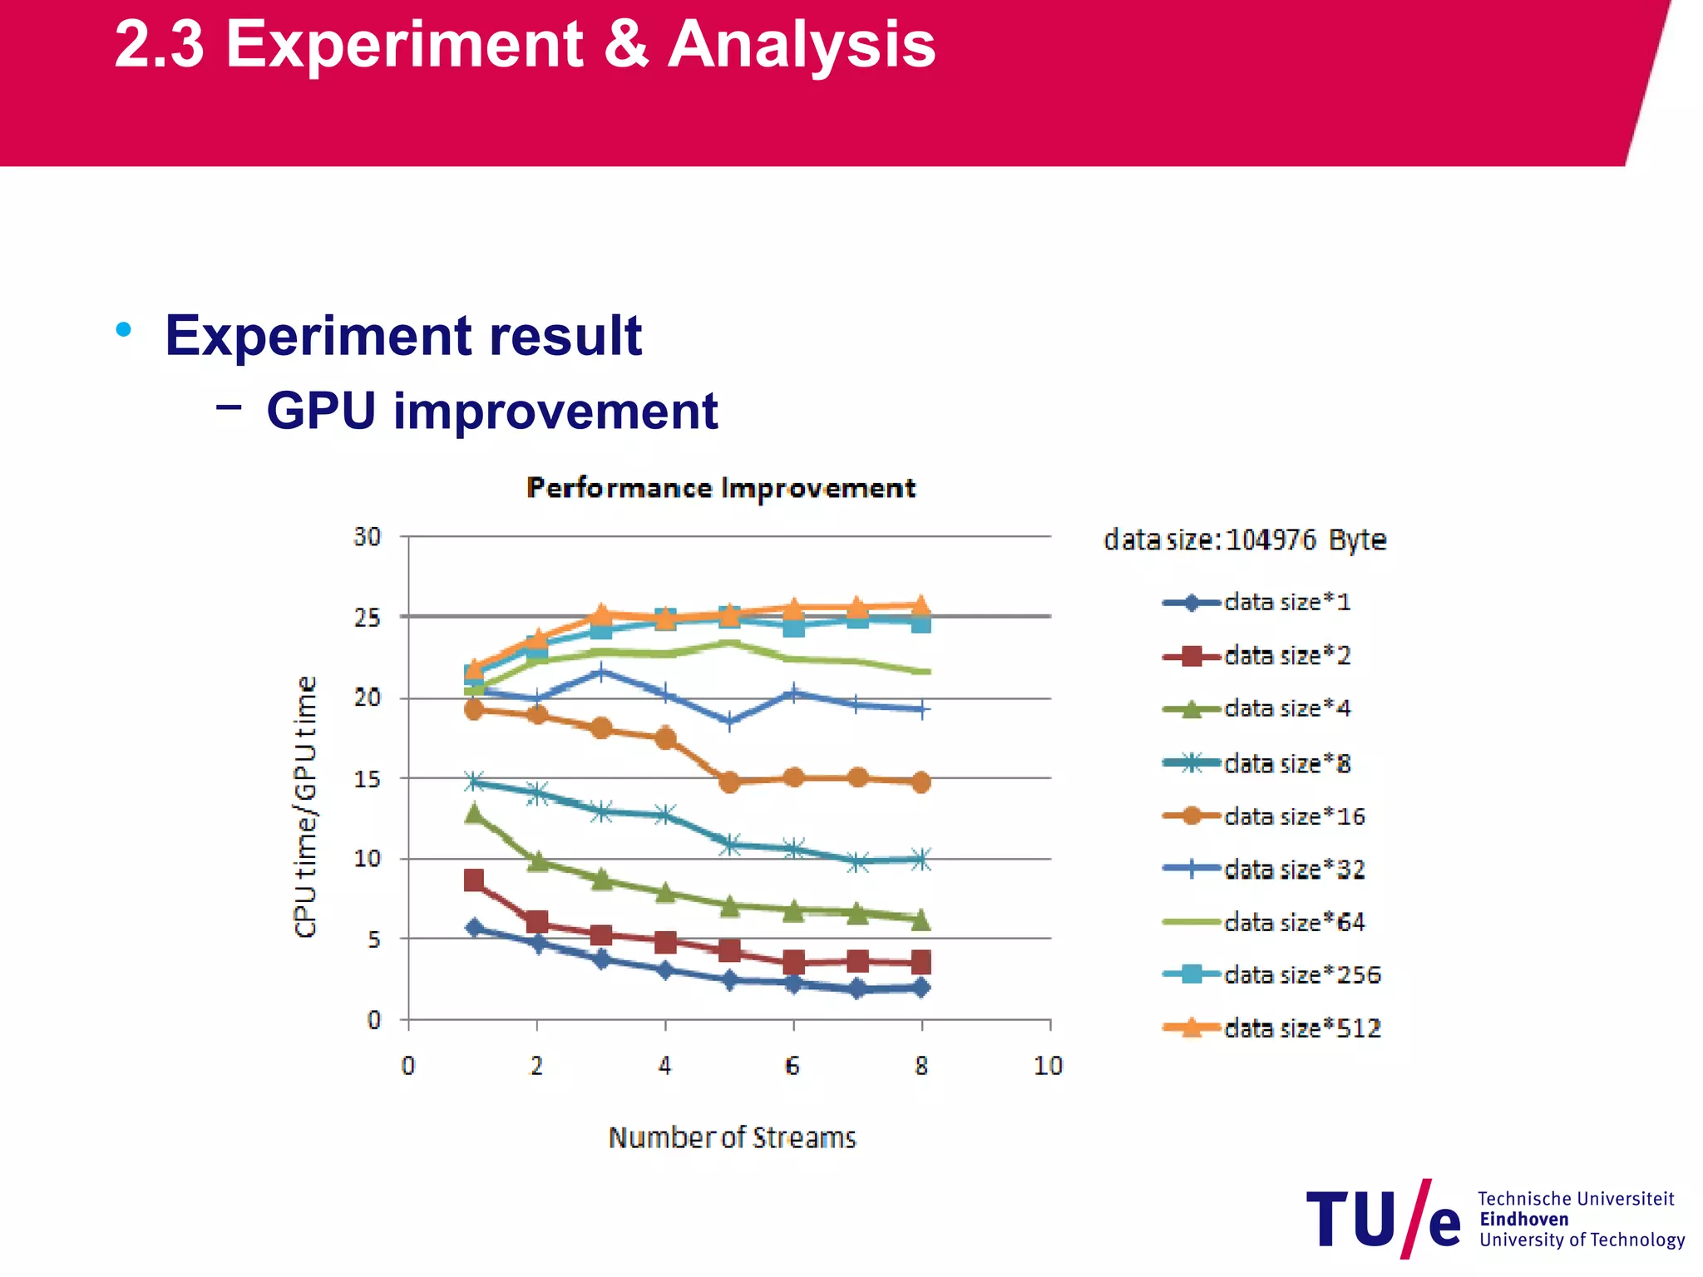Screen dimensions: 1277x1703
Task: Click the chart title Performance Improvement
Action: [x=721, y=488]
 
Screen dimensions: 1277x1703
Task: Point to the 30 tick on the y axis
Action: [x=368, y=537]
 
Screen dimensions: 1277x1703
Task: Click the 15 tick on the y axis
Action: [x=368, y=779]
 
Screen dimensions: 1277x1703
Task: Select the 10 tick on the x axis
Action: [x=1049, y=1066]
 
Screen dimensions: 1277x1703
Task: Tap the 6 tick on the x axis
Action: [x=792, y=1066]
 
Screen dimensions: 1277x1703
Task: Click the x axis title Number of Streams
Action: [x=732, y=1137]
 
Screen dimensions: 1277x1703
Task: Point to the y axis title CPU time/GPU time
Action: [x=306, y=806]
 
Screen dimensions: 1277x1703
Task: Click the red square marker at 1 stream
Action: [x=474, y=880]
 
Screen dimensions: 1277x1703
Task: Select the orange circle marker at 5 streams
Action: [x=729, y=782]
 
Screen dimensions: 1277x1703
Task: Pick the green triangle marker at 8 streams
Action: [x=921, y=920]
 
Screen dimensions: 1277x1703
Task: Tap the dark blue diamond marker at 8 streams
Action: [x=921, y=988]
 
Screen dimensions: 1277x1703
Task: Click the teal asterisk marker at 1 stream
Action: [x=474, y=781]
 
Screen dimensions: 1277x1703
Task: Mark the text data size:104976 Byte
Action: [x=1245, y=540]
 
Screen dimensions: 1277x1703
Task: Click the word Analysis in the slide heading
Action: [x=802, y=45]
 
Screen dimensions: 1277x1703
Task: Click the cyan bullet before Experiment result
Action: [x=124, y=330]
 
